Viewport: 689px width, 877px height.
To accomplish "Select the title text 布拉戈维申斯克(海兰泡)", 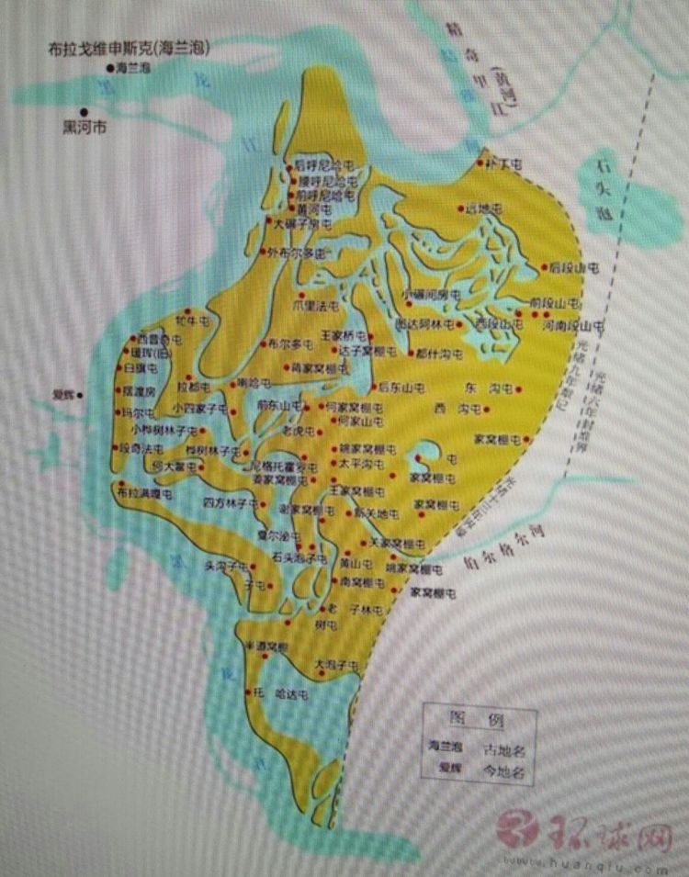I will click(129, 49).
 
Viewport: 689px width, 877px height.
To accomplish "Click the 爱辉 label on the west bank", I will click(62, 397).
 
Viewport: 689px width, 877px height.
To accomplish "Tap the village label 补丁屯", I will click(504, 164).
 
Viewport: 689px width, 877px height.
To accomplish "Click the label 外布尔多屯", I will click(298, 252).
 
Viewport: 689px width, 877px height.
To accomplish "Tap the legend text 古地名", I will click(504, 746).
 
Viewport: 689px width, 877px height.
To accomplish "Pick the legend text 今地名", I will click(504, 772).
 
